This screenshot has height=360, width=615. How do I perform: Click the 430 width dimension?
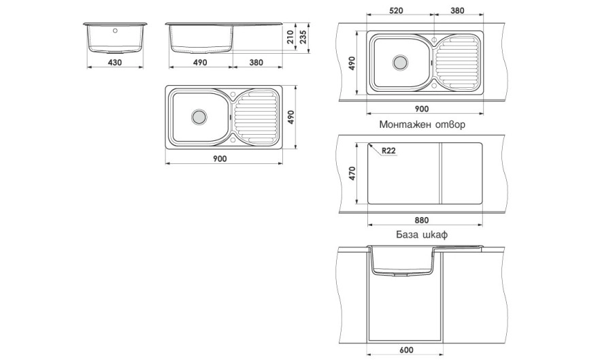pos(115,63)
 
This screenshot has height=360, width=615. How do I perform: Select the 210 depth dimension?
pos(291,37)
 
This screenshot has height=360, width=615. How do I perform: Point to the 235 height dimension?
pos(304,35)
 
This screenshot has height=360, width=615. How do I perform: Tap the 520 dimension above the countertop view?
pos(397,11)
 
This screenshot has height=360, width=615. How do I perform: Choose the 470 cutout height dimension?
pos(351,173)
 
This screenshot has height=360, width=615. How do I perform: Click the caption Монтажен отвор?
pos(425,125)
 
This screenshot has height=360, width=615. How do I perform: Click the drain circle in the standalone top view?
pos(199,116)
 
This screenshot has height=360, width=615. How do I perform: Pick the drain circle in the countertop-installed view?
pos(400,62)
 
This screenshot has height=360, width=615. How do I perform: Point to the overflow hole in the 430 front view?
pos(115,31)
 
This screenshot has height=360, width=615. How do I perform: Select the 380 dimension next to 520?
pos(457,11)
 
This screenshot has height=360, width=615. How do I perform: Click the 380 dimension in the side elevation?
pos(256,63)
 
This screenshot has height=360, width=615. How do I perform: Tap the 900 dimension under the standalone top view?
pos(219,159)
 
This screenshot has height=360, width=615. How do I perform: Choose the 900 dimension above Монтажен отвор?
pos(422,109)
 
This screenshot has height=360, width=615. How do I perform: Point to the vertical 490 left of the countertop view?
pos(352,63)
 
